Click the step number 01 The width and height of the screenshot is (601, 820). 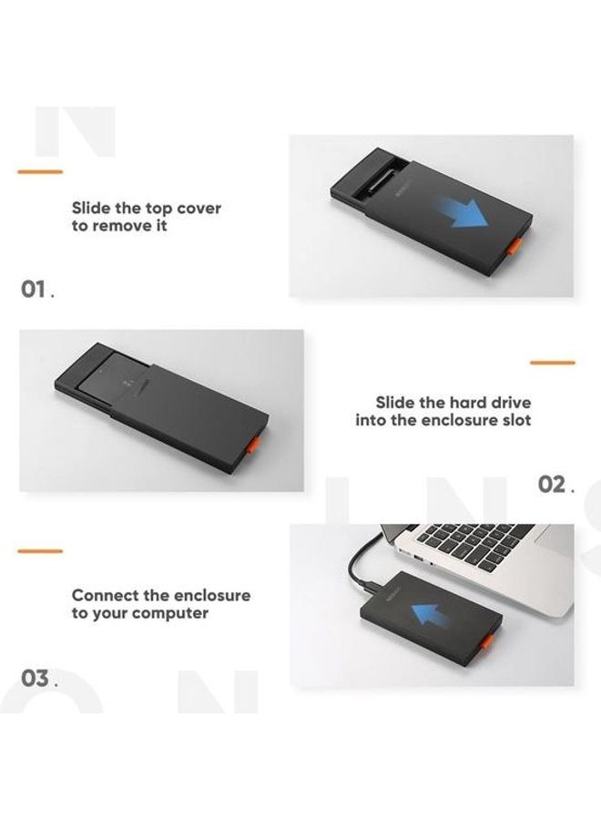[36, 290]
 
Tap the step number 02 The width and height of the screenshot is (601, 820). [554, 484]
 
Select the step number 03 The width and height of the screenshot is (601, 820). [36, 679]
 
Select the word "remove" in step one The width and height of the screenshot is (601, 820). [121, 226]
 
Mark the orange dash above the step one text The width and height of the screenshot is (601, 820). [40, 171]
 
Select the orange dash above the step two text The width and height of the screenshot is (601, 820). [553, 363]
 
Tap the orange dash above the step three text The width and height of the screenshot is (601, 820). [40, 550]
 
